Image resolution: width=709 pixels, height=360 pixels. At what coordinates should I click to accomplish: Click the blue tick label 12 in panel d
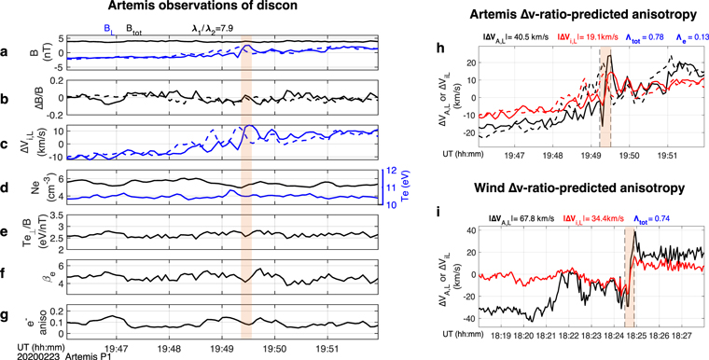point(393,172)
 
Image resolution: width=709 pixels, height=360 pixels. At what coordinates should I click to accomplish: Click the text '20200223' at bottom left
point(21,354)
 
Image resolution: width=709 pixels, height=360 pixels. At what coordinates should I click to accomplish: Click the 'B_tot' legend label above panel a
point(140,29)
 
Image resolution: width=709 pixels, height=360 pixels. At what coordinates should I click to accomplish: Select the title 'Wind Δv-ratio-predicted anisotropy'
point(570,187)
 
